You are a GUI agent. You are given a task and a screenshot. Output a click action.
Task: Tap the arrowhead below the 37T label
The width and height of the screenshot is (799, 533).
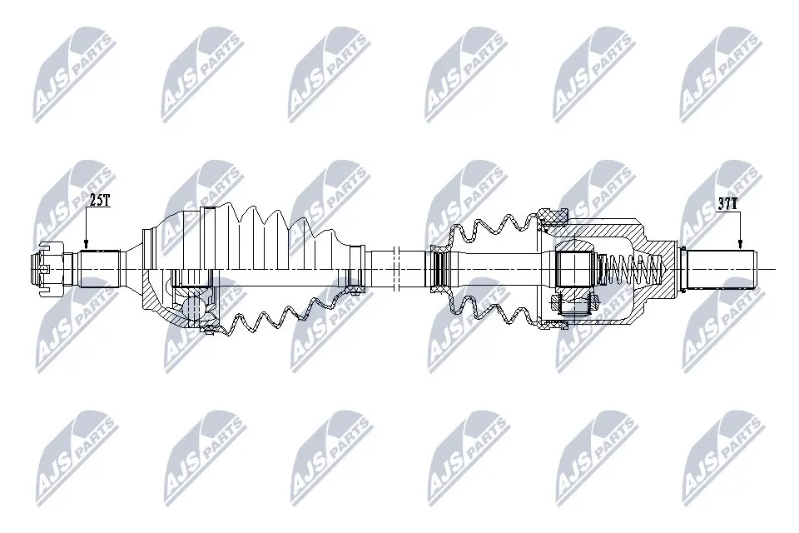click(x=740, y=244)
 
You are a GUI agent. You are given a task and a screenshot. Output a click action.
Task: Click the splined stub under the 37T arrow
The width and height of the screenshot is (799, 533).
click(x=717, y=266)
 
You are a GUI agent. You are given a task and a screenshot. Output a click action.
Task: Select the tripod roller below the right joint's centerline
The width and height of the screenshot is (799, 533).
click(x=575, y=303)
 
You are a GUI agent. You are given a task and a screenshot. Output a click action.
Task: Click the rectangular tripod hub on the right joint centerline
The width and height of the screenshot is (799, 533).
click(x=574, y=267)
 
